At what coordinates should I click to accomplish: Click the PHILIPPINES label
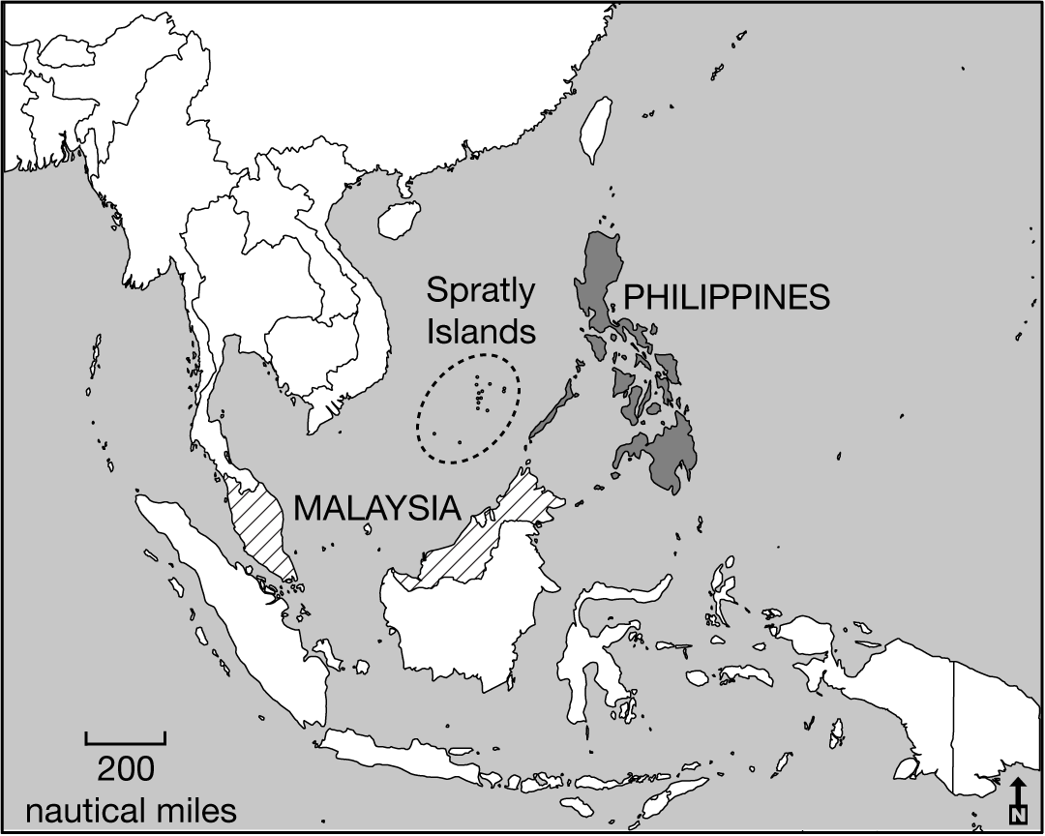[727, 297]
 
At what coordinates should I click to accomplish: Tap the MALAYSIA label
[375, 508]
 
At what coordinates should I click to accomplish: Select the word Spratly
[482, 291]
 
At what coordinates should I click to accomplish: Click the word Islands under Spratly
[482, 332]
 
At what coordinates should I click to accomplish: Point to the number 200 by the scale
[126, 769]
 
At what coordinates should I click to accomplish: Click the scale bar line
[126, 741]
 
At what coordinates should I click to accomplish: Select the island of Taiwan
[596, 129]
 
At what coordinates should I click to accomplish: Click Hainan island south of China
[397, 220]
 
